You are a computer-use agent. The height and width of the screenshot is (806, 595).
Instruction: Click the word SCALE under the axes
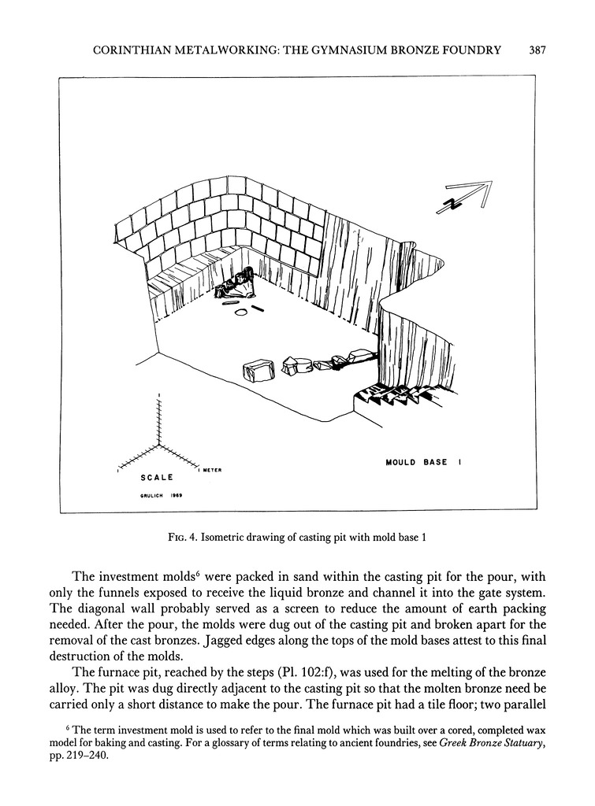click(x=157, y=477)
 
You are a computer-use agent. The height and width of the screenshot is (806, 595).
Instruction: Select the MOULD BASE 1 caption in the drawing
click(x=422, y=463)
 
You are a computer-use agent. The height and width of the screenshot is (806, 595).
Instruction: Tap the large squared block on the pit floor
click(x=258, y=369)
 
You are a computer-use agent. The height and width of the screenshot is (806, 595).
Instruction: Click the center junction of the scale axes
click(x=161, y=446)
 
